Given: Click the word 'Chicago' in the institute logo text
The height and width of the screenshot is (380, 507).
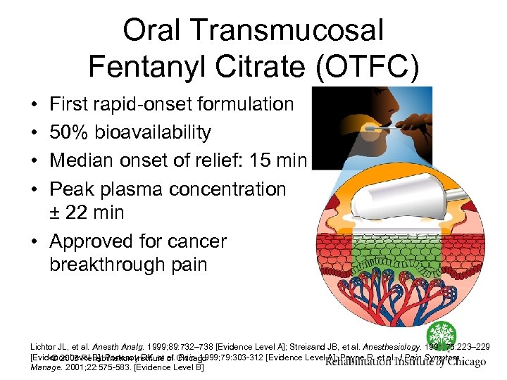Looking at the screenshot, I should [461, 362].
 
